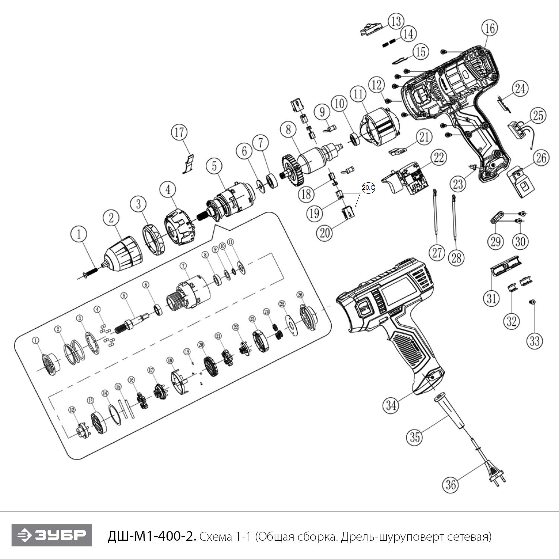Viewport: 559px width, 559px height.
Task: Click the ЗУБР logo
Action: coord(51,535)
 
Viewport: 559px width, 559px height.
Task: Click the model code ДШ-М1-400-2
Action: coord(151,536)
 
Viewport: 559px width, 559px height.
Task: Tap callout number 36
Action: coord(451,484)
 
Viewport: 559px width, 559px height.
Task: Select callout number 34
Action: coord(391,405)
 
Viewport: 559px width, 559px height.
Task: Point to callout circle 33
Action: coord(534,341)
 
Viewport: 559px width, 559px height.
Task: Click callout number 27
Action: coord(437,253)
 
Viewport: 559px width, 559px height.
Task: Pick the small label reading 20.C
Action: coord(368,188)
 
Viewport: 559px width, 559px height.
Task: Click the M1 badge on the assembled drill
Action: coord(364,308)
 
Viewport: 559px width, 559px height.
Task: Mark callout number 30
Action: coord(520,241)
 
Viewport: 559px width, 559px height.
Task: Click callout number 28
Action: coord(457,258)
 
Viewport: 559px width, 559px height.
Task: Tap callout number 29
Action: coord(495,241)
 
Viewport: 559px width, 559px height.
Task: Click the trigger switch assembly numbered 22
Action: coord(408,179)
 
